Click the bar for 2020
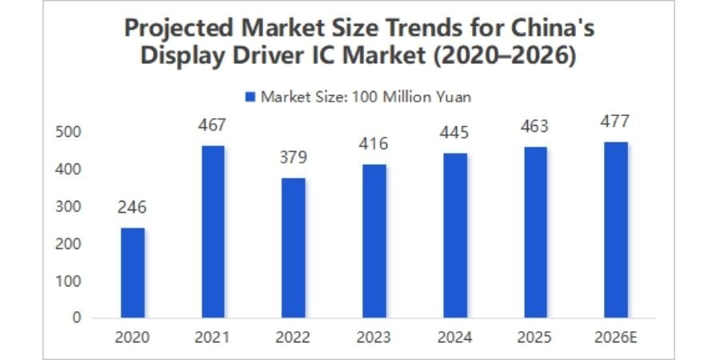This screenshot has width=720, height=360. click(133, 273)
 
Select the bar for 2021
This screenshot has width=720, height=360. click(213, 231)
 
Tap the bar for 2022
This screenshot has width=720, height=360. click(294, 248)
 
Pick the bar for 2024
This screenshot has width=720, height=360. click(455, 235)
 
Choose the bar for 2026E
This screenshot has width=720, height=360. click(616, 230)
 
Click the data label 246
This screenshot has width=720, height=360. click(133, 208)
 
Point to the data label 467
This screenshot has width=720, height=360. click(213, 125)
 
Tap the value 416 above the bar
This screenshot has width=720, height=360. click(374, 145)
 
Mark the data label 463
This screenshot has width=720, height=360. click(535, 126)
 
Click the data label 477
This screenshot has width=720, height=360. click(616, 122)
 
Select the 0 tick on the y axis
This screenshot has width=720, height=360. click(77, 318)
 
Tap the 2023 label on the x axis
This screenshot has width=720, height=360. click(374, 337)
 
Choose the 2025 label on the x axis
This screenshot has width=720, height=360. click(535, 337)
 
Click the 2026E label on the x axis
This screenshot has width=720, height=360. click(616, 337)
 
